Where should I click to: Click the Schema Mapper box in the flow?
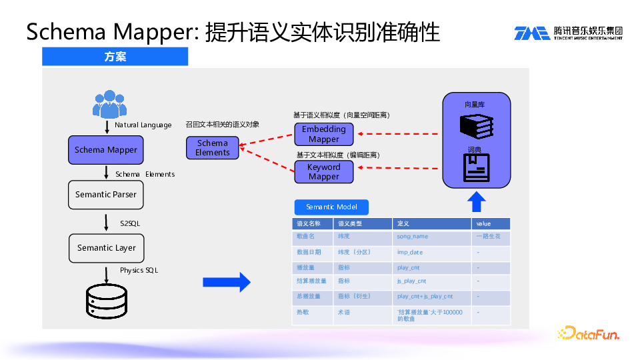tap(106, 150)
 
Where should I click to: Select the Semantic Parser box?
tap(106, 195)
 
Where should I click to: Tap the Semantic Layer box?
tap(107, 248)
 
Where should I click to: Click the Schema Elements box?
tap(213, 148)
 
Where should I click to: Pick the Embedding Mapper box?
tap(324, 134)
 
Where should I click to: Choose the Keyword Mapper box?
tap(324, 172)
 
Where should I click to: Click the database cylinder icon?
tap(107, 301)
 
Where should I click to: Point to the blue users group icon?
tap(108, 103)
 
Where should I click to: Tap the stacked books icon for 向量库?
tap(477, 125)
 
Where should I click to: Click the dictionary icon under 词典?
tap(477, 168)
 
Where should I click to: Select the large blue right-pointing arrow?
tap(227, 283)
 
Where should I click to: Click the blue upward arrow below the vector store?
tap(477, 201)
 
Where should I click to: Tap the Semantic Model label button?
tap(331, 207)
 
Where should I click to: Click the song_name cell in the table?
tap(413, 237)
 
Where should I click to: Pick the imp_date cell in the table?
tap(410, 253)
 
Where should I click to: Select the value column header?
tap(483, 224)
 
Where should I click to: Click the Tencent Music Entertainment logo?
tap(567, 33)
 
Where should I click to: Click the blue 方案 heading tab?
tap(115, 57)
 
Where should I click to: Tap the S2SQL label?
tap(130, 223)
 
